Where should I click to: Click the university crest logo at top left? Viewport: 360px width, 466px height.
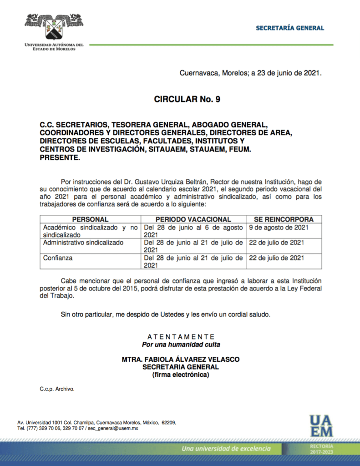click(x=54, y=27)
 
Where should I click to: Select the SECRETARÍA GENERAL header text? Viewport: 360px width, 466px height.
click(x=290, y=28)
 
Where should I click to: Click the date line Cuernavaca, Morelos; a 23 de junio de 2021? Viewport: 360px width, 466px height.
click(x=251, y=72)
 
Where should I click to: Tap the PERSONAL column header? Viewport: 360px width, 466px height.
click(x=90, y=219)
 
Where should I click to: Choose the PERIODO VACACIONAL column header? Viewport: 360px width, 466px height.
click(x=193, y=219)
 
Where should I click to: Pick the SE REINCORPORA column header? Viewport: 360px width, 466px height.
click(x=284, y=219)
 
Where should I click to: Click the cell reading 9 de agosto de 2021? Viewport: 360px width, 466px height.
click(x=279, y=227)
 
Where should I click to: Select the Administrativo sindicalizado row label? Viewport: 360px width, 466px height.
click(x=83, y=243)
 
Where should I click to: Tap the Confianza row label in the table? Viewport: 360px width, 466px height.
click(x=58, y=258)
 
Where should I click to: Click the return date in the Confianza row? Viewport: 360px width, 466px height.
click(x=277, y=258)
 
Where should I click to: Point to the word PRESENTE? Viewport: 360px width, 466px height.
click(x=60, y=158)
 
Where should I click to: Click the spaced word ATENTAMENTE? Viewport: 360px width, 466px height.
click(x=181, y=337)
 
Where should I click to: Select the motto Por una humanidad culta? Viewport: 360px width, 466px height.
click(x=181, y=344)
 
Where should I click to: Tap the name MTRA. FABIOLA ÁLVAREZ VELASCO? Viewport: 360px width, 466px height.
click(x=181, y=360)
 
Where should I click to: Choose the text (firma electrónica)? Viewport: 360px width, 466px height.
click(x=181, y=375)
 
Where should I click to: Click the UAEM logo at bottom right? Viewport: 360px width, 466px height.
click(x=321, y=426)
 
